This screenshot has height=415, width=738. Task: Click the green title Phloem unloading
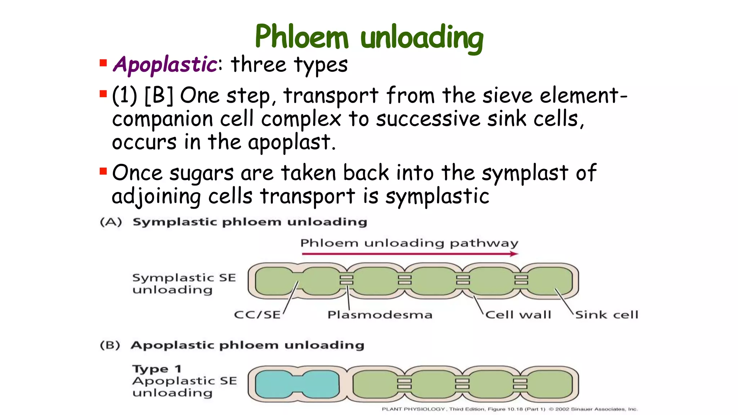(x=369, y=37)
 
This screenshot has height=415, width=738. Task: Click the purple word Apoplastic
(x=165, y=65)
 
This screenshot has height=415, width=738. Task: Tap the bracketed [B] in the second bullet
(x=159, y=96)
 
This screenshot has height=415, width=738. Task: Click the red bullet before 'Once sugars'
(x=103, y=171)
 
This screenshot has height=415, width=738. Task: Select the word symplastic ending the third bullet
(x=437, y=197)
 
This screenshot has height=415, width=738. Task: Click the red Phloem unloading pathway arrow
(x=410, y=254)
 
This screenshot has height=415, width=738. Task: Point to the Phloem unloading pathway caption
(x=409, y=243)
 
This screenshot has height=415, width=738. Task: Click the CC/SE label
(x=257, y=315)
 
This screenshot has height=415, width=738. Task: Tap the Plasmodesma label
(x=379, y=315)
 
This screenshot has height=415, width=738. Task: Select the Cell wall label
(x=518, y=315)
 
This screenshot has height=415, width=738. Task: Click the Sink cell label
(x=606, y=315)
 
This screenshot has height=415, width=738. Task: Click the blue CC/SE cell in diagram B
(x=297, y=384)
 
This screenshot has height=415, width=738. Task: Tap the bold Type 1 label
(x=157, y=369)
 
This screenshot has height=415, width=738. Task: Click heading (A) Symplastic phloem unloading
(x=234, y=222)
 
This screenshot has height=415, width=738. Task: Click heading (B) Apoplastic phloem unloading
(x=232, y=345)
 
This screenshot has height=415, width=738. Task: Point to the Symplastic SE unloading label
(x=184, y=284)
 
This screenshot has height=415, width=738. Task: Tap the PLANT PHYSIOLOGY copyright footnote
(x=510, y=409)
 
